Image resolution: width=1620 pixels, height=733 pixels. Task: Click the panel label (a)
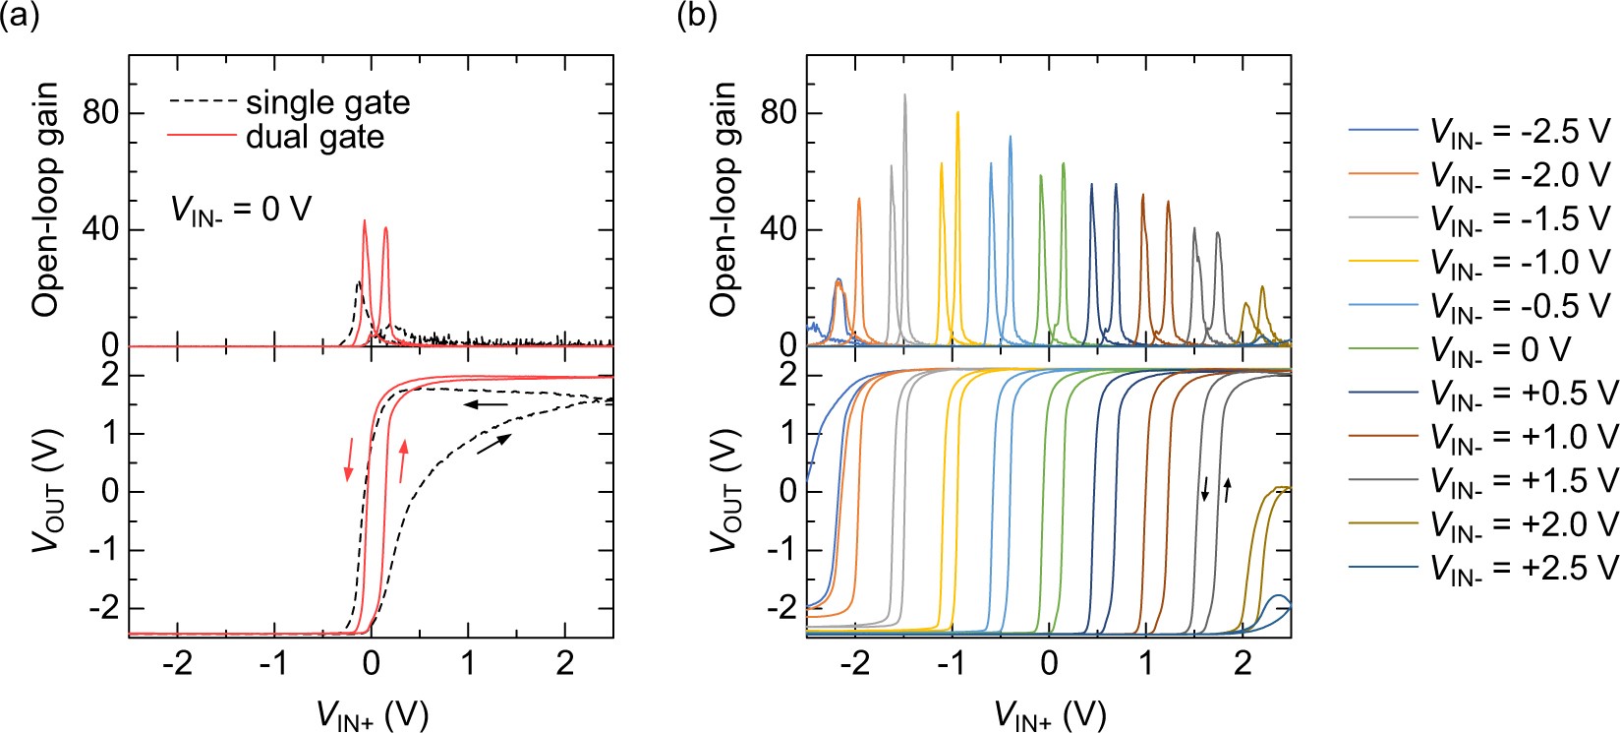(20, 16)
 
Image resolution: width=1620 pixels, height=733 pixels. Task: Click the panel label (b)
(697, 16)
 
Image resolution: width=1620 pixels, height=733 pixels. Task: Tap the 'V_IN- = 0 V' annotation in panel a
(241, 209)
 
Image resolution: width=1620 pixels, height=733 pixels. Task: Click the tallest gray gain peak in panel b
(904, 96)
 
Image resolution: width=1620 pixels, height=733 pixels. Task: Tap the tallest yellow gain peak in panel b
(956, 114)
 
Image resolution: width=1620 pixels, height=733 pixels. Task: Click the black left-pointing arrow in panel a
(486, 404)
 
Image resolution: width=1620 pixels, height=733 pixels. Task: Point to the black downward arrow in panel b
(1205, 488)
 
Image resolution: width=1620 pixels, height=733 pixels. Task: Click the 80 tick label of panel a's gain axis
(100, 113)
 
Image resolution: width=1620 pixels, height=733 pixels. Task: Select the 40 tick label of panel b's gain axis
(779, 229)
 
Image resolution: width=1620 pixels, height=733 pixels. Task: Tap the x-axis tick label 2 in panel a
(564, 662)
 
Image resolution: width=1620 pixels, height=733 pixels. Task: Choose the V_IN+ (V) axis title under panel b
(1050, 715)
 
